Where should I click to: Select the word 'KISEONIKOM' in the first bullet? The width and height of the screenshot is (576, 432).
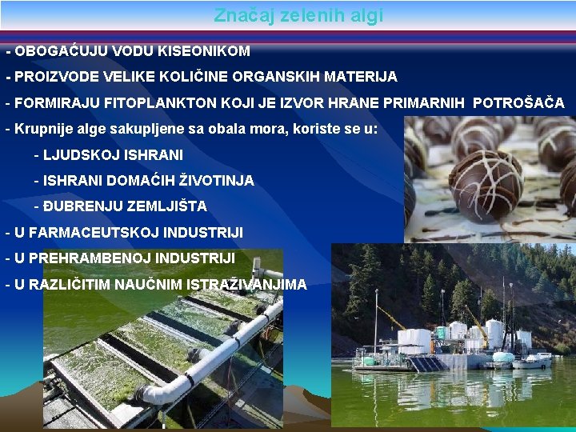click(204, 51)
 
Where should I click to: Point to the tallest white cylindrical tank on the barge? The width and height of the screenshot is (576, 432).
click(494, 331)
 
